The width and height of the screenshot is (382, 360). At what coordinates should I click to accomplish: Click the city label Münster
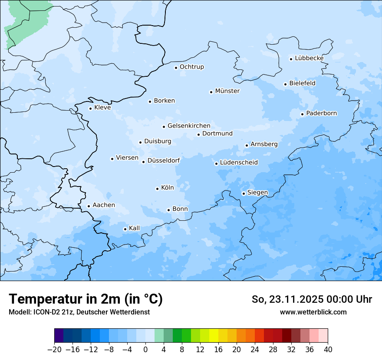coord(227,91)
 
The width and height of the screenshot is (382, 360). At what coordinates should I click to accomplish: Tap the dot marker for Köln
coord(157,189)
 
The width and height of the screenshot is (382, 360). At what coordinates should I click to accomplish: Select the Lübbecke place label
coord(309,58)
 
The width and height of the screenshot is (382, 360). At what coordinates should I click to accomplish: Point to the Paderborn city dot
coord(302,114)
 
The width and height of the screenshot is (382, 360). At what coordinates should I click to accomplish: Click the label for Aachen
coord(104,205)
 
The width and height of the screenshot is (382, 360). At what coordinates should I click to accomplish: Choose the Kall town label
coord(135,228)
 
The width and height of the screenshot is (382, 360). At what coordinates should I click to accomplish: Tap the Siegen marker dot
coord(244,193)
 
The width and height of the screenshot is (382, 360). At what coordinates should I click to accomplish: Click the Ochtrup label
coord(191,67)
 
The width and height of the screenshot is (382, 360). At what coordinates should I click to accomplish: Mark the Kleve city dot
coord(90,108)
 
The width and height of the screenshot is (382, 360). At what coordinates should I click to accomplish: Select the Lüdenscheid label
coord(239,163)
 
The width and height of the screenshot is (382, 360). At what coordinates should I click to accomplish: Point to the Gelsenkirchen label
coord(189,126)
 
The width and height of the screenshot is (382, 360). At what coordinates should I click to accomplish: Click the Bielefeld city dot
coord(285,84)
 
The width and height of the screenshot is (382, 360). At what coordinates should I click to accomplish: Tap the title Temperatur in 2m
coord(86,299)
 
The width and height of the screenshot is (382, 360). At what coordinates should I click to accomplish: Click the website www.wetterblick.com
coord(313,312)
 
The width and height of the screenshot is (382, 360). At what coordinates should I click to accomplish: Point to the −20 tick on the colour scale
coord(54,350)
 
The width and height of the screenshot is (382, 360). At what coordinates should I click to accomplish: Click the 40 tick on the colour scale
coord(328,350)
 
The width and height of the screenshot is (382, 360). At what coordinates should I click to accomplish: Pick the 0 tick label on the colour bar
coord(145,350)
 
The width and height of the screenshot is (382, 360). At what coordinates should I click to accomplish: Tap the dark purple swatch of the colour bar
coord(59,336)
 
